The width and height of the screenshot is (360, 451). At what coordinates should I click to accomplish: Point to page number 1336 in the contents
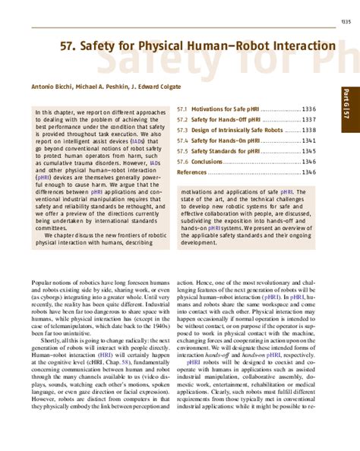[308, 109]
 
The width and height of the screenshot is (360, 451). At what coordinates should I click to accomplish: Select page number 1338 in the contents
[308, 131]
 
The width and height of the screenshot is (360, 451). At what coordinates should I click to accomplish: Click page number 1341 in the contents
[308, 141]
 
